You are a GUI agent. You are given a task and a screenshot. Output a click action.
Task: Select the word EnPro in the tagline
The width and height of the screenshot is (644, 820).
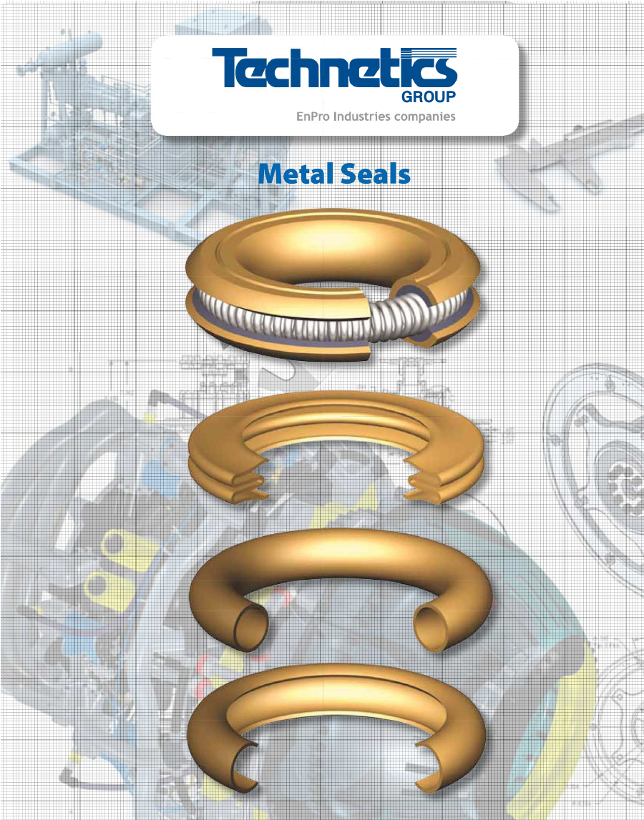pos(312,117)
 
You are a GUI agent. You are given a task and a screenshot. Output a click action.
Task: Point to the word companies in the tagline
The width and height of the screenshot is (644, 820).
pos(426,117)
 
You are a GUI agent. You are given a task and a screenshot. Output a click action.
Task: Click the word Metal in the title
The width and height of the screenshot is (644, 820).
pos(293,174)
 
